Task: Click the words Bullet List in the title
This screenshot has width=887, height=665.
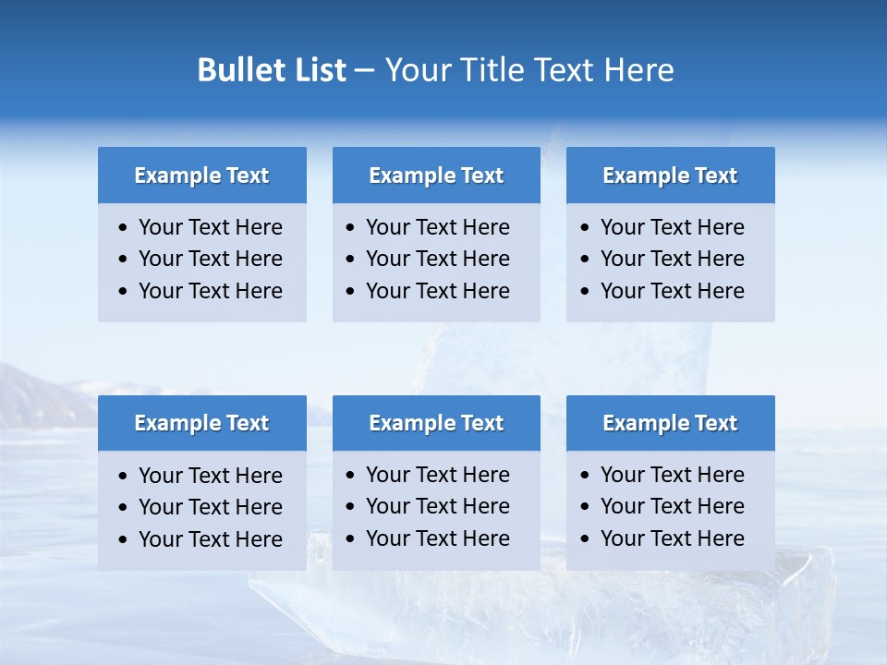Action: click(272, 70)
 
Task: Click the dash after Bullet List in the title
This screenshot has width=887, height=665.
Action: click(364, 70)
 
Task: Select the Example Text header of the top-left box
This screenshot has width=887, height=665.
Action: click(201, 175)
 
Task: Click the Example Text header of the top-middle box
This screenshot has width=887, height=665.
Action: click(436, 175)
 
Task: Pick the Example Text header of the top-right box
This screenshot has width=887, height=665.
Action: click(670, 175)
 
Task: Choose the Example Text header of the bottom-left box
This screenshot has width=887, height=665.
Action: click(201, 423)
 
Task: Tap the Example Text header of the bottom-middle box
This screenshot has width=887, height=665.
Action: click(436, 423)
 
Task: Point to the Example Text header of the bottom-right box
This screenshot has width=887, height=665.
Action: click(670, 423)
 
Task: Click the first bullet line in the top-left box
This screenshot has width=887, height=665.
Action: click(210, 227)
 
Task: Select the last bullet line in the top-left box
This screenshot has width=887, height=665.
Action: click(210, 291)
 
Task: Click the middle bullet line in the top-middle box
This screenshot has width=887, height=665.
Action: click(437, 259)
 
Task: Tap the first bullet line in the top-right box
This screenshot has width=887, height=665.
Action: click(672, 227)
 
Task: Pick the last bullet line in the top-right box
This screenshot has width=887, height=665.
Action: click(672, 291)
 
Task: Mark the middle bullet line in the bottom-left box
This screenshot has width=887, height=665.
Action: click(210, 507)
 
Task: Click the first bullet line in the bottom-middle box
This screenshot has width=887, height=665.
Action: click(437, 475)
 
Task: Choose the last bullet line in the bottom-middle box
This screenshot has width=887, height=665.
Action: click(437, 538)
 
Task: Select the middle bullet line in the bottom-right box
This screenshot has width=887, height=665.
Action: click(672, 506)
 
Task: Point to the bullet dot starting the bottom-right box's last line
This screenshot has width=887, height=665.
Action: click(586, 538)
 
